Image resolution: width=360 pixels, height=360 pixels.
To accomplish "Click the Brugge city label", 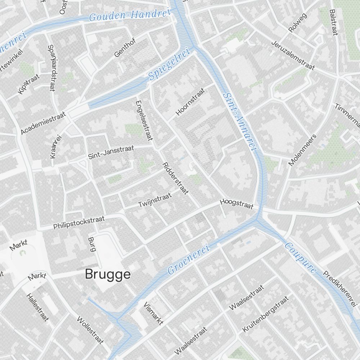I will point(108,275).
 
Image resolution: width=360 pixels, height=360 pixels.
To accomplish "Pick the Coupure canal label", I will point(301,258).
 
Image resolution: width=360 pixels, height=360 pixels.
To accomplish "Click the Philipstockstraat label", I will point(79,222).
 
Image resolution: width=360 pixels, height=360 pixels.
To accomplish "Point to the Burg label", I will point(91,244).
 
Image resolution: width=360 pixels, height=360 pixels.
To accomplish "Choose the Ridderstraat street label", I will point(175,178).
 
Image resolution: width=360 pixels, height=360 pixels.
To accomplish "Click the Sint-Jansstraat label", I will point(111,152).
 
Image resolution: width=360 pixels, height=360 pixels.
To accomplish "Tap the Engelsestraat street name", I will point(143,120).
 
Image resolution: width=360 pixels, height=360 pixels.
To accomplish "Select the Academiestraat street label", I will point(43,123).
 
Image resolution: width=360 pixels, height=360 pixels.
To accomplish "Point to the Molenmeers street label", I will point(302,150).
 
